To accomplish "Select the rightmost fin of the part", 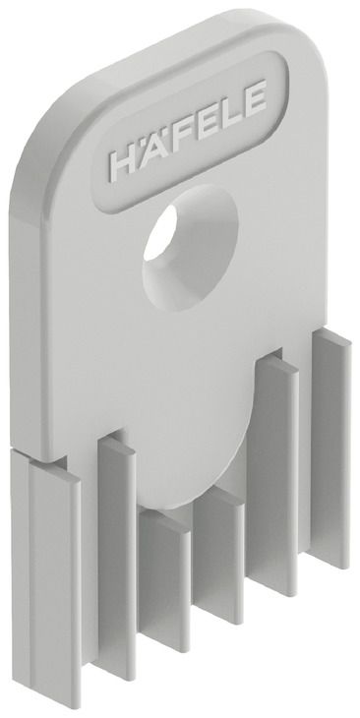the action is coord(331,449).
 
